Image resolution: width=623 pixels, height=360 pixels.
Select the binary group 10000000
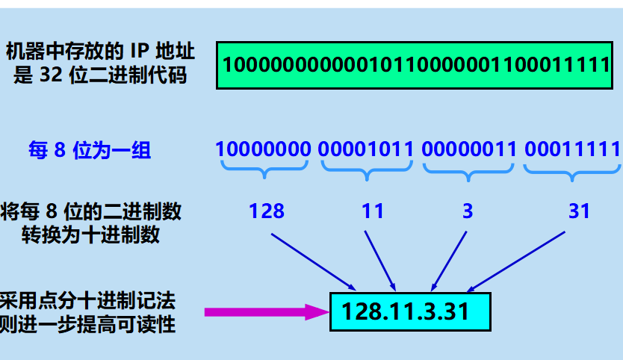tap(263, 149)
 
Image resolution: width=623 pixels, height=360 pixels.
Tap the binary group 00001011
tap(366, 149)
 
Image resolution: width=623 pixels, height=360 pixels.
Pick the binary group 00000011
tap(469, 149)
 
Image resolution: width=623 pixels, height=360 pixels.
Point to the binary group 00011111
tap(572, 149)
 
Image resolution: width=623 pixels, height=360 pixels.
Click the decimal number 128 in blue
tap(267, 211)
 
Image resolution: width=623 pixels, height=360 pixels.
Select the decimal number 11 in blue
tap(372, 211)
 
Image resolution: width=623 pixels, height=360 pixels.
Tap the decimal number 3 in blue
tap(468, 211)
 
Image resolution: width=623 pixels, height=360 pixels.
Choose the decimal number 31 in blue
tap(579, 211)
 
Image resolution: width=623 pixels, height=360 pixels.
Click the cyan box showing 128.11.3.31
tap(410, 311)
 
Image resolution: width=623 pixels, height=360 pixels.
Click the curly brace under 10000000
tap(263, 171)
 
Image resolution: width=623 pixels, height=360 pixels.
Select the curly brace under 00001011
tap(366, 171)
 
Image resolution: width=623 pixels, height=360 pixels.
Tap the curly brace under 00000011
tap(469, 171)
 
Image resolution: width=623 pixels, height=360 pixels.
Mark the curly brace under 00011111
tap(572, 171)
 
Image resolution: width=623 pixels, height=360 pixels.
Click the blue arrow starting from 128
tap(311, 261)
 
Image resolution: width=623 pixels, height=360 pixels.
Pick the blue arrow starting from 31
tap(517, 261)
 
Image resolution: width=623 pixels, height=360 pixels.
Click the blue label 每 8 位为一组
tap(90, 151)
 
